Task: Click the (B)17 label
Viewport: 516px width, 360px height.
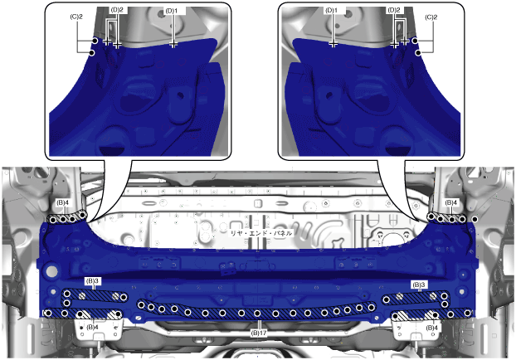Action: tap(259, 333)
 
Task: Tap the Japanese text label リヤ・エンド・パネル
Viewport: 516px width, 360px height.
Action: tap(261, 233)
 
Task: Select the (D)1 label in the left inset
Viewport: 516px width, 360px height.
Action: tap(172, 11)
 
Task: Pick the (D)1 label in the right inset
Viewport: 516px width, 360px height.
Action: tap(331, 11)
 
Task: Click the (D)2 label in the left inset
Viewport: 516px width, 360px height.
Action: tap(117, 10)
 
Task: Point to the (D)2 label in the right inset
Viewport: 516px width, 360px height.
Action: tap(394, 10)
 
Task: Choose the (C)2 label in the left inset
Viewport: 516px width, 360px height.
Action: tap(76, 17)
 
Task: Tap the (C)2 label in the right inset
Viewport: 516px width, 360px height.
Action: tap(431, 17)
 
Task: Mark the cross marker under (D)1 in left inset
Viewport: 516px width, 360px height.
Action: tap(173, 44)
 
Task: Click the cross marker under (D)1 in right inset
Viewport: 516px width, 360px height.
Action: tap(333, 44)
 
